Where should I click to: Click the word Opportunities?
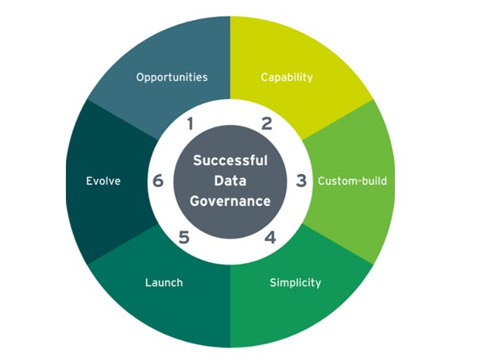tap(172, 77)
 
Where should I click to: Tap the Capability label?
tap(287, 77)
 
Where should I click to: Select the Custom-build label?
tap(352, 180)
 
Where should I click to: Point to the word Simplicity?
tap(295, 282)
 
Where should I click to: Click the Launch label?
tap(164, 282)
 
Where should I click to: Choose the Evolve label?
tap(103, 180)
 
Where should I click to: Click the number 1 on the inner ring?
tap(190, 123)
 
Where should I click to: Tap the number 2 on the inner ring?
tap(267, 123)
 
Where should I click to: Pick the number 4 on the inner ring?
tap(270, 237)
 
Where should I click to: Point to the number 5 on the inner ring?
tap(184, 237)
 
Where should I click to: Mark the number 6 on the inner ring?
tap(157, 180)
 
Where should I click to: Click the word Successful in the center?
tap(230, 160)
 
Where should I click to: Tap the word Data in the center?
tap(230, 180)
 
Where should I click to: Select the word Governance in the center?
tap(230, 201)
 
